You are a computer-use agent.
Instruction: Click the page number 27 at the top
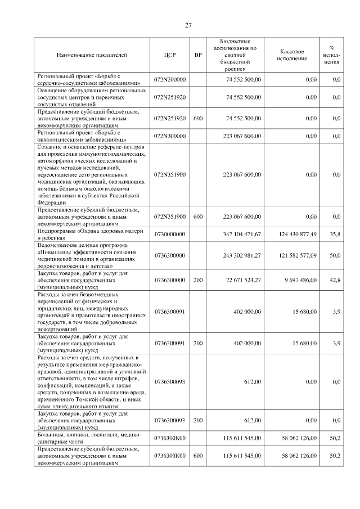[x=188, y=25]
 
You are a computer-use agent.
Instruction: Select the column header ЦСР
[x=170, y=55]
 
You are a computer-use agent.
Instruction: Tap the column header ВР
[x=197, y=55]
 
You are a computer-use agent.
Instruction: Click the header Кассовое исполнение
[x=291, y=55]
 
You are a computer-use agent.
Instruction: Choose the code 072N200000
[x=170, y=80]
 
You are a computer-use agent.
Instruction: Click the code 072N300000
[x=170, y=136]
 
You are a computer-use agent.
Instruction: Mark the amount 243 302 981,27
[x=238, y=255]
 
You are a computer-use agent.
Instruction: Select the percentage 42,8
[x=335, y=279]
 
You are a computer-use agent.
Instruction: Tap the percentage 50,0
[x=335, y=255]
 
